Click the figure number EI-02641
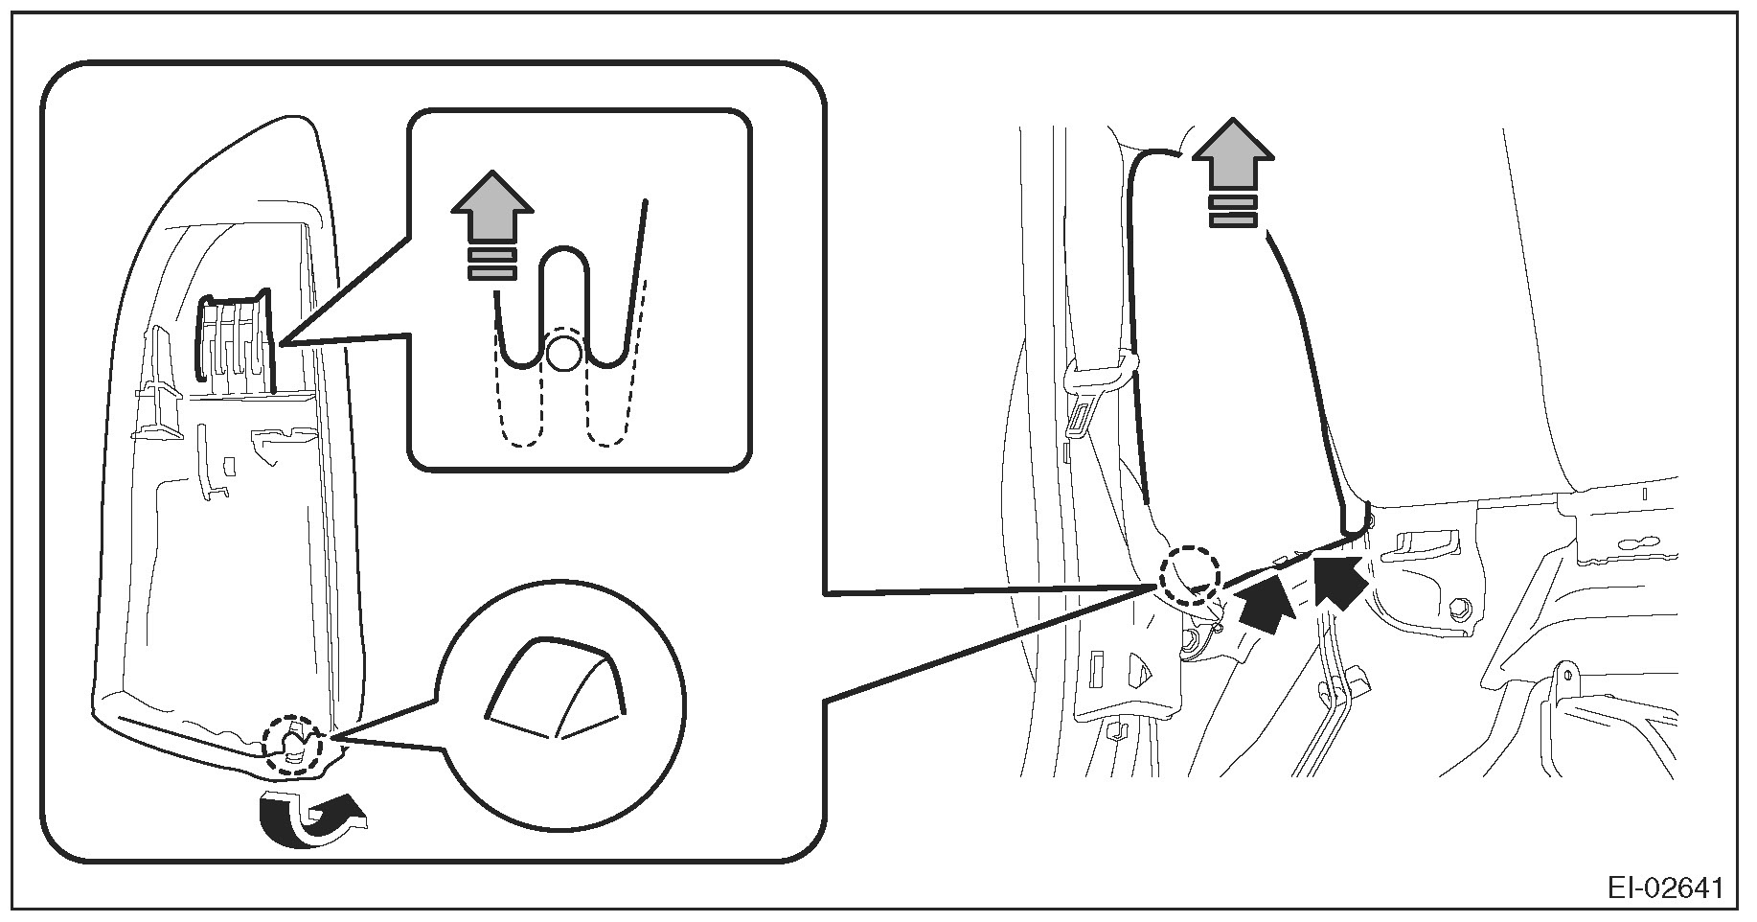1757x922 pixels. tap(1665, 888)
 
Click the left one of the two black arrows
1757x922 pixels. tap(1265, 608)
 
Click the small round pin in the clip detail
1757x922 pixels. tap(561, 354)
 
